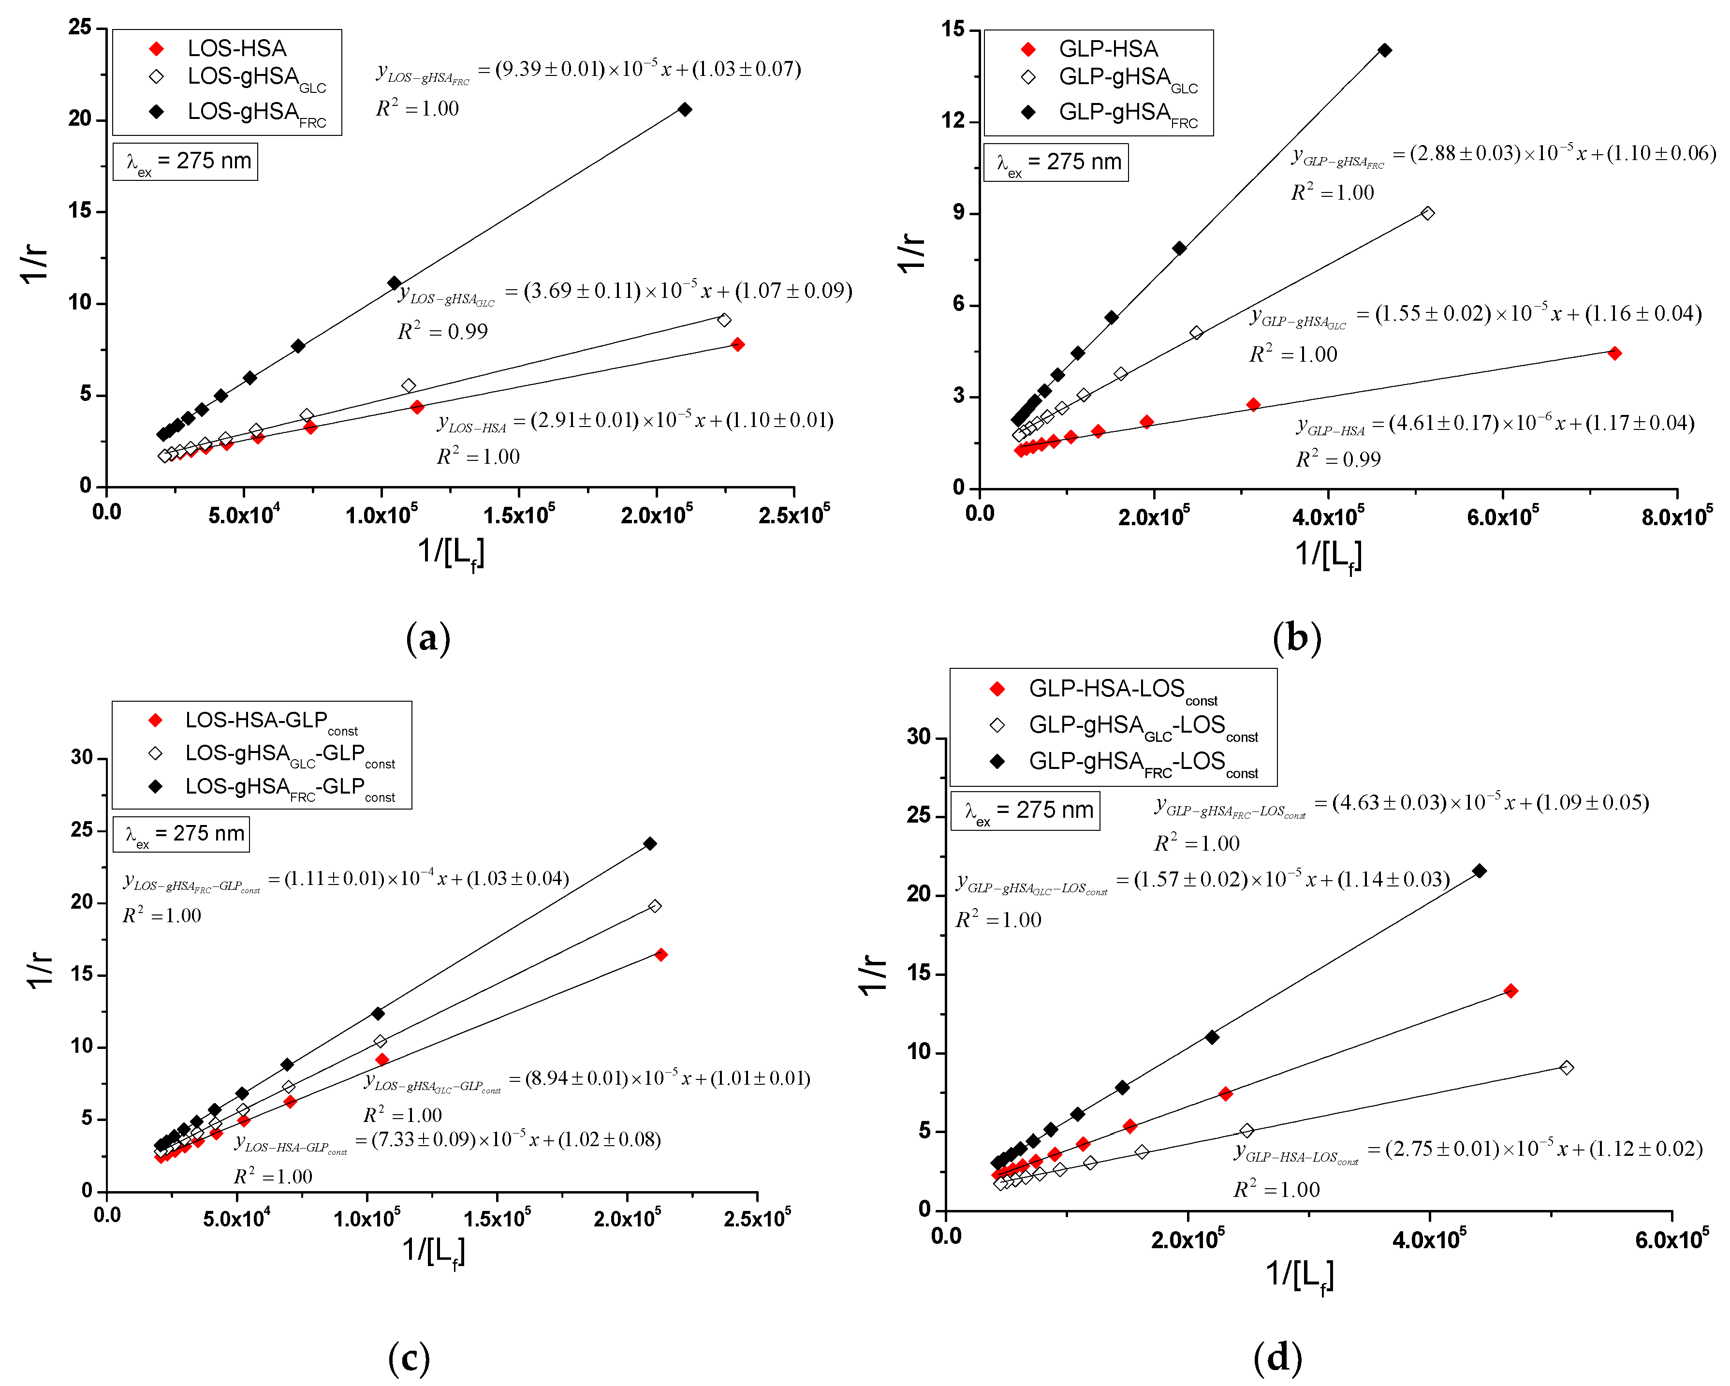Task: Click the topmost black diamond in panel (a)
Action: (x=685, y=109)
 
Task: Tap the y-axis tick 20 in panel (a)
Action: (x=80, y=119)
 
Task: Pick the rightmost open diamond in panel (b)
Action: (x=1427, y=213)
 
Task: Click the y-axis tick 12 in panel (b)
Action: (x=953, y=122)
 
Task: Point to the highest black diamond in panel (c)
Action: (x=650, y=843)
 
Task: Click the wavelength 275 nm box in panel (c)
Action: (x=181, y=834)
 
